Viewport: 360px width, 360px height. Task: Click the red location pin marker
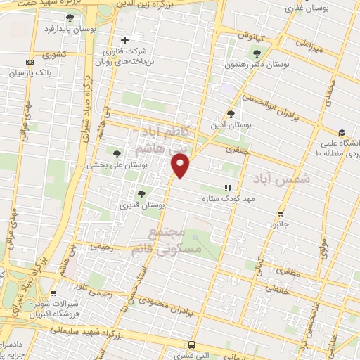(x=181, y=166)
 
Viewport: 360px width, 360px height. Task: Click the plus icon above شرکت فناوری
(x=126, y=39)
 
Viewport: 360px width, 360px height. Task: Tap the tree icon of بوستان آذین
(x=231, y=114)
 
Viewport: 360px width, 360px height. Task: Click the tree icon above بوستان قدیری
(x=142, y=193)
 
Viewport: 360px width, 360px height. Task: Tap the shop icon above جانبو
(x=281, y=214)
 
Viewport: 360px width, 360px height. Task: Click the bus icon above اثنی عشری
(x=191, y=345)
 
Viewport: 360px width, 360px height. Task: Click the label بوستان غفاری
(x=302, y=9)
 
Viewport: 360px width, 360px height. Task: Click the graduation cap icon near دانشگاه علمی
(x=341, y=132)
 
